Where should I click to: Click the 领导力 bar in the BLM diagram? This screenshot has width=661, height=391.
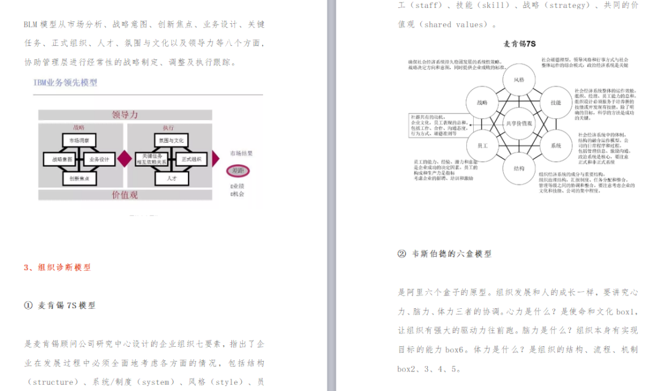coord(125,115)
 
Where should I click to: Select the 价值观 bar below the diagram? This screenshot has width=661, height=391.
coord(125,195)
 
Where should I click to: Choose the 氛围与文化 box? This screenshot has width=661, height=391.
coord(170,140)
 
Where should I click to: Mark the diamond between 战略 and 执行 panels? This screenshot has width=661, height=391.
coord(125,159)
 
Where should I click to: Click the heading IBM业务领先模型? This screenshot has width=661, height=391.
coord(65,82)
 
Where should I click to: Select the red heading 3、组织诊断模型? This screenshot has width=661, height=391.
coord(57,267)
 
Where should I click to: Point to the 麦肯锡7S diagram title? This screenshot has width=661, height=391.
coord(520,44)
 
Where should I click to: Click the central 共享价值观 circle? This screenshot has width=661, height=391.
coord(519,123)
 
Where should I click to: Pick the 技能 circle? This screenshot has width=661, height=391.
coord(555,102)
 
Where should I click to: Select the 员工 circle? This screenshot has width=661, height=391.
coord(482,146)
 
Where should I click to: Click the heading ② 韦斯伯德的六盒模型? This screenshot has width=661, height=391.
coord(444,253)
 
